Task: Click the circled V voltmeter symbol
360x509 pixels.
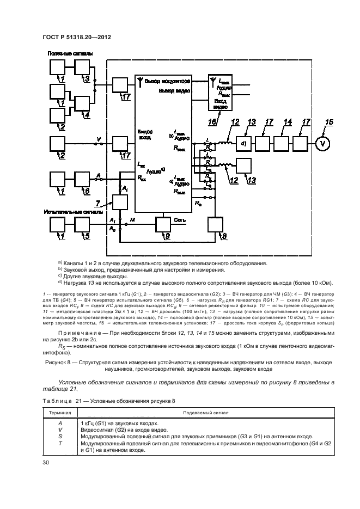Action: [324, 144]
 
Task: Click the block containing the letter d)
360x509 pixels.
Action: [244, 144]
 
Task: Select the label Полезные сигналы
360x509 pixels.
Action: [70, 53]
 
